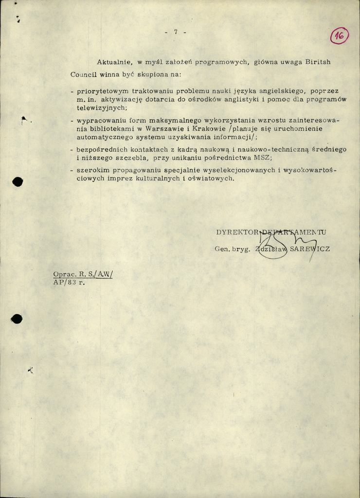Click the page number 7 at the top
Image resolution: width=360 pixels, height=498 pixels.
176,32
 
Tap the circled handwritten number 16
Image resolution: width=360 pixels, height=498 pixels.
340,36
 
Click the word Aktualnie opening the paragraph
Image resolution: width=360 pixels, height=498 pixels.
114,62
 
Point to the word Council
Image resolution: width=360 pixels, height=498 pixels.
84,75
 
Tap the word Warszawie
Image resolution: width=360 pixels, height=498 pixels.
161,128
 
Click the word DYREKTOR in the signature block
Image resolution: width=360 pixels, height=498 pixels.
237,232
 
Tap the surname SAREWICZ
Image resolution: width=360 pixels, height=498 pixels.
309,249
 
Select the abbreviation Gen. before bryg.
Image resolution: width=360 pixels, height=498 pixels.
222,249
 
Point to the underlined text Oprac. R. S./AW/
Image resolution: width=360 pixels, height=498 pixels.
83,274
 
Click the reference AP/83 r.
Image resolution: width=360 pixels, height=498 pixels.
69,283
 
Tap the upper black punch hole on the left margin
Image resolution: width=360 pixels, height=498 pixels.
18,182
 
